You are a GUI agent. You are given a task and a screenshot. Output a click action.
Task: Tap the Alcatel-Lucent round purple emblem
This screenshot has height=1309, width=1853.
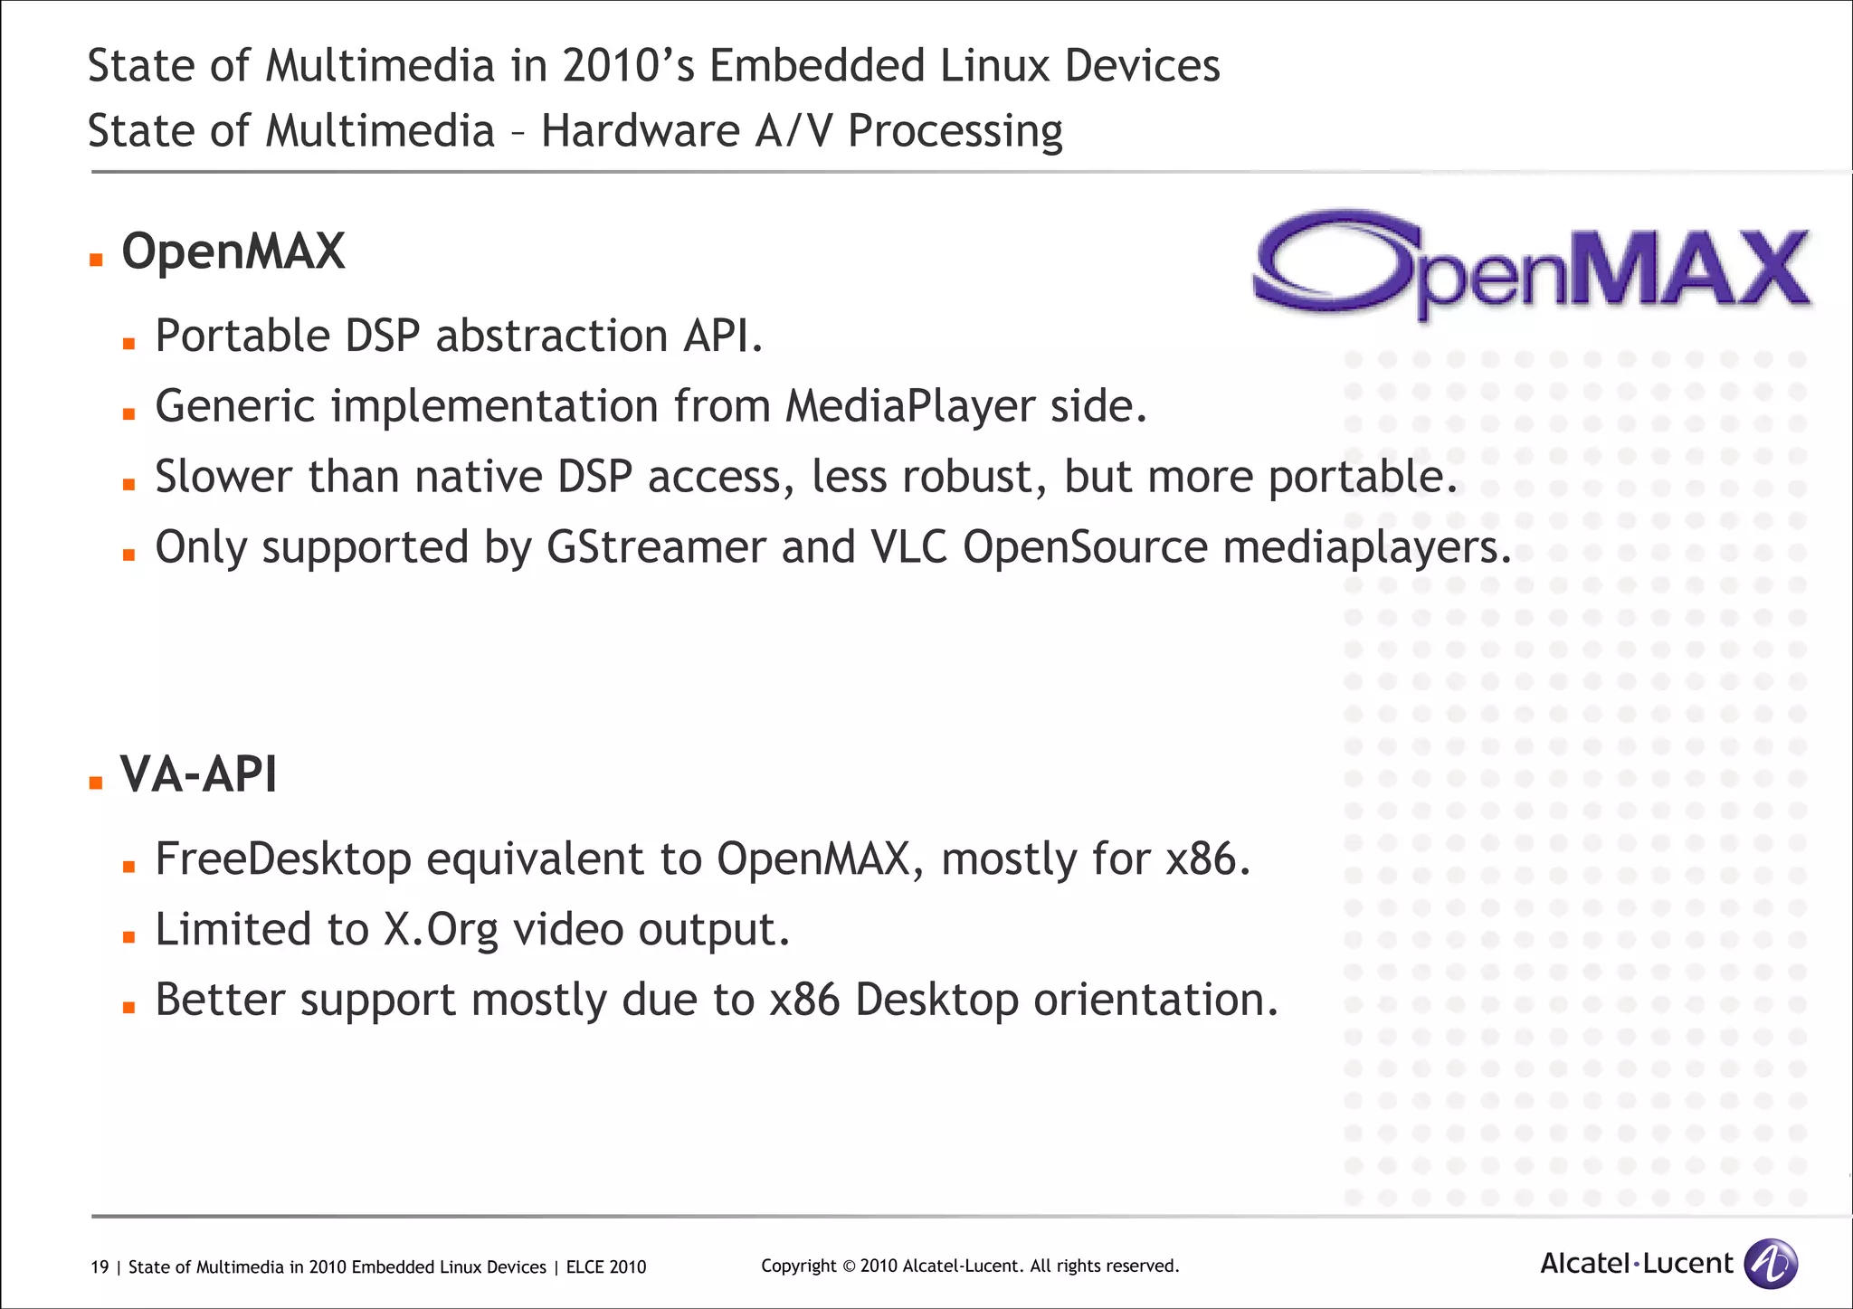1771,1263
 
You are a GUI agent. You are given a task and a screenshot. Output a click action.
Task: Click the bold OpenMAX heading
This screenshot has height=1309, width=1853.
233,251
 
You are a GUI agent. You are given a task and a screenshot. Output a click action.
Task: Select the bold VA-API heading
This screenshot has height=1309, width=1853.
199,774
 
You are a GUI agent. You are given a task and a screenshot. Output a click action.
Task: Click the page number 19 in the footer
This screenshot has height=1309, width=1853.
100,1267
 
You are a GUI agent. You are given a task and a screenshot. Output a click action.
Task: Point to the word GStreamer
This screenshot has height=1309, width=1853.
656,547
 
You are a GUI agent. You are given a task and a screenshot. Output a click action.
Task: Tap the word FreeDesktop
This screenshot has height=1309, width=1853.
283,858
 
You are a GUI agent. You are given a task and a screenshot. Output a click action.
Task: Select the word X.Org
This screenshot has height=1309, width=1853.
441,930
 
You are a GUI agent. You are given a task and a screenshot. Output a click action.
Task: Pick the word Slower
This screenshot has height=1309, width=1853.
223,477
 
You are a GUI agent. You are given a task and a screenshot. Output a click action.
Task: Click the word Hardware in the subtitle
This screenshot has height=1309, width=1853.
641,131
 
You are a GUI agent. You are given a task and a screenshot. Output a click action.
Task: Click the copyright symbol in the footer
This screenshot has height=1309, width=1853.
848,1266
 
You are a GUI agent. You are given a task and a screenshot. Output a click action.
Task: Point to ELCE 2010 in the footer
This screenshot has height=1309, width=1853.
606,1267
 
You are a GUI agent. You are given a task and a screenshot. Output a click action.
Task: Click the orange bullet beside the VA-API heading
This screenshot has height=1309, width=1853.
96,783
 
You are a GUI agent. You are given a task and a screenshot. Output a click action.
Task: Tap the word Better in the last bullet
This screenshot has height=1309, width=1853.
220,1001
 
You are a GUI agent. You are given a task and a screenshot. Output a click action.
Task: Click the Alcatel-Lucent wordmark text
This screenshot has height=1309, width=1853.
1636,1264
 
